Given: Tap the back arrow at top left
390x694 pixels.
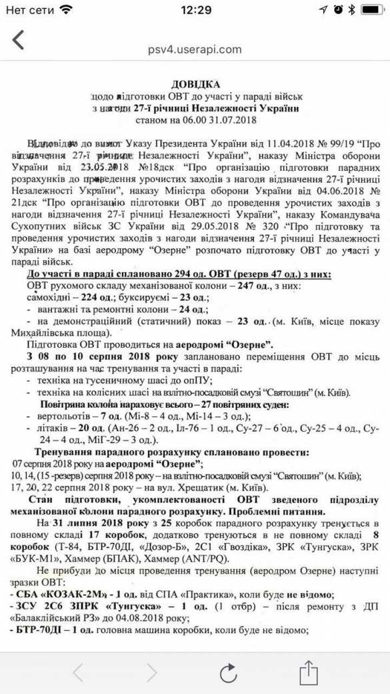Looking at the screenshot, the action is [18, 40].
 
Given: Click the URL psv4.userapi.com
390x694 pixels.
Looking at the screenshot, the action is [195, 49].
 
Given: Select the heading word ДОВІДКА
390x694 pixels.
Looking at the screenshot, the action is [195, 84].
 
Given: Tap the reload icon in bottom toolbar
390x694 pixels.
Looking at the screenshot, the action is [229, 672].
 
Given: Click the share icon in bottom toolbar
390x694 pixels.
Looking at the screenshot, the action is [307, 671].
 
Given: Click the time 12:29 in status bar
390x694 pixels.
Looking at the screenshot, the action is [195, 10].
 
